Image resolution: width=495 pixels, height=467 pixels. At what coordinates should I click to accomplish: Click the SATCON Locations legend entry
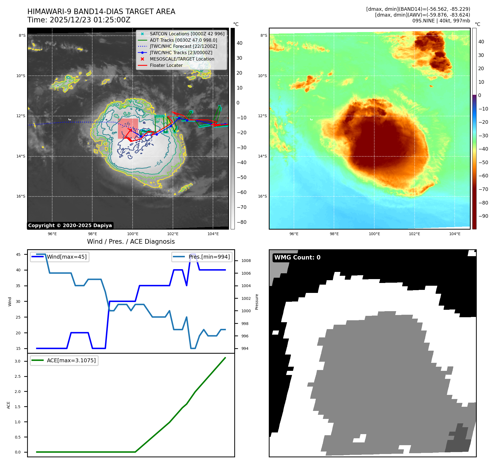click(187, 34)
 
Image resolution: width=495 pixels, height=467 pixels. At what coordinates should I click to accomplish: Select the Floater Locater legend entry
click(166, 65)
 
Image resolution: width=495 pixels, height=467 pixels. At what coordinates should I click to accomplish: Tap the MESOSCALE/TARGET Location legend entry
click(182, 59)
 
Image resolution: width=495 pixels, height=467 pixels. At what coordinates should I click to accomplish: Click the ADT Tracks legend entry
click(183, 40)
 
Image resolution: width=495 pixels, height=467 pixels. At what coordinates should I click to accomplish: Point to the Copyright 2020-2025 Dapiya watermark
click(70, 225)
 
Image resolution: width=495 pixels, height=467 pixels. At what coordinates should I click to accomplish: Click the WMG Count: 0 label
click(297, 258)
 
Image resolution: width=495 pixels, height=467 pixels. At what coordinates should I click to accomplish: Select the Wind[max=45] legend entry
click(67, 257)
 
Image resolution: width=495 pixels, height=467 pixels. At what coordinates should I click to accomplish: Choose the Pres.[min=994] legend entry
click(209, 257)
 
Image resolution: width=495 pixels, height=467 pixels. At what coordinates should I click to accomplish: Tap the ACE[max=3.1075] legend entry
click(71, 360)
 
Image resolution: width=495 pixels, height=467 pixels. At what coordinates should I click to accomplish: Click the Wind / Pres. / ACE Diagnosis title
click(131, 242)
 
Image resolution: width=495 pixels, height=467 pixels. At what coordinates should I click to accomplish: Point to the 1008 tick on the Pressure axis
click(246, 261)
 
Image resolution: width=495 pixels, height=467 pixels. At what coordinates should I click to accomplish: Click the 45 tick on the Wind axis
click(18, 255)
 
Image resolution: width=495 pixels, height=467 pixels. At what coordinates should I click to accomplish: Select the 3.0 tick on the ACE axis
click(18, 361)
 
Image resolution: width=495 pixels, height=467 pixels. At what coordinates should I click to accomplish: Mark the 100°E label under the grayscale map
click(133, 234)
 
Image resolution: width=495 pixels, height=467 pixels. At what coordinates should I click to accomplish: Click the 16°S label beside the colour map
click(262, 196)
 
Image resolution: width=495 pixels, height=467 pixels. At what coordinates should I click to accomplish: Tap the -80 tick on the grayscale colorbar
click(242, 222)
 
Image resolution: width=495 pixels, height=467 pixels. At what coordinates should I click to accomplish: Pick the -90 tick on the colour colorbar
click(483, 216)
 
